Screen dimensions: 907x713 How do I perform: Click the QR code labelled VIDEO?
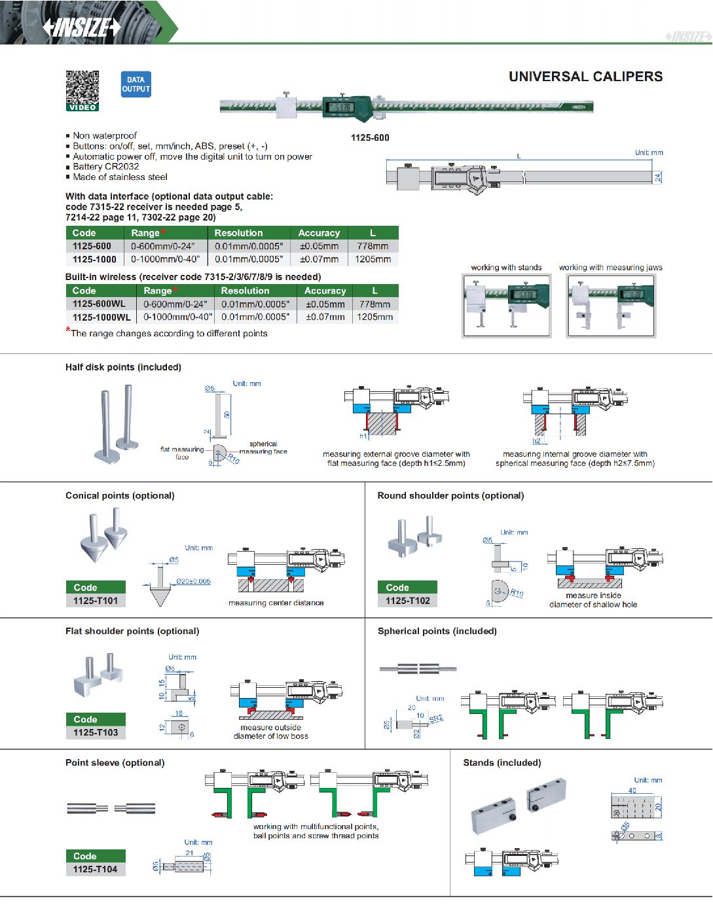tap(82, 90)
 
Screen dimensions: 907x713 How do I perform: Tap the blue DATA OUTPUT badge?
tap(136, 84)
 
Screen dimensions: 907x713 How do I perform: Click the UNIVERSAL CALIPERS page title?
tap(585, 77)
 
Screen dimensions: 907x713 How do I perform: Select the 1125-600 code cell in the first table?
tap(92, 246)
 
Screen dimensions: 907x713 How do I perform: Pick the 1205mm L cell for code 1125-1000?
tap(373, 259)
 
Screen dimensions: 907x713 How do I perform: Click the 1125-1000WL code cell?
tap(101, 317)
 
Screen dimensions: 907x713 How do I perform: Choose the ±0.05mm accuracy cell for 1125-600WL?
tap(325, 304)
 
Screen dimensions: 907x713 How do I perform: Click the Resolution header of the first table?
tap(238, 233)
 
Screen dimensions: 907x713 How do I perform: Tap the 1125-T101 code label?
tap(96, 601)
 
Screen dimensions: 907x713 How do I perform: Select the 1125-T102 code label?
tap(407, 601)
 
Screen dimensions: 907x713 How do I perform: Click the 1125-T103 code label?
tap(96, 732)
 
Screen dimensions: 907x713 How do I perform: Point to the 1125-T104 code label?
tap(96, 869)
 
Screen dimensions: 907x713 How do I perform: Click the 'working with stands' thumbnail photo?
tap(507, 306)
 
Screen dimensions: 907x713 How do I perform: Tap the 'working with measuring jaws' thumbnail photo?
tap(611, 306)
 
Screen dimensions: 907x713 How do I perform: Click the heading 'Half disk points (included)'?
tap(123, 367)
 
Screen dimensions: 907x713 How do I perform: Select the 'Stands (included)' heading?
tap(502, 762)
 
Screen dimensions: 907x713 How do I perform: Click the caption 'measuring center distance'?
tap(276, 603)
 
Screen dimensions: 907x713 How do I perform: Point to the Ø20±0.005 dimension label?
tap(193, 581)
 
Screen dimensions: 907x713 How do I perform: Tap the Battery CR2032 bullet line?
tap(106, 166)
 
